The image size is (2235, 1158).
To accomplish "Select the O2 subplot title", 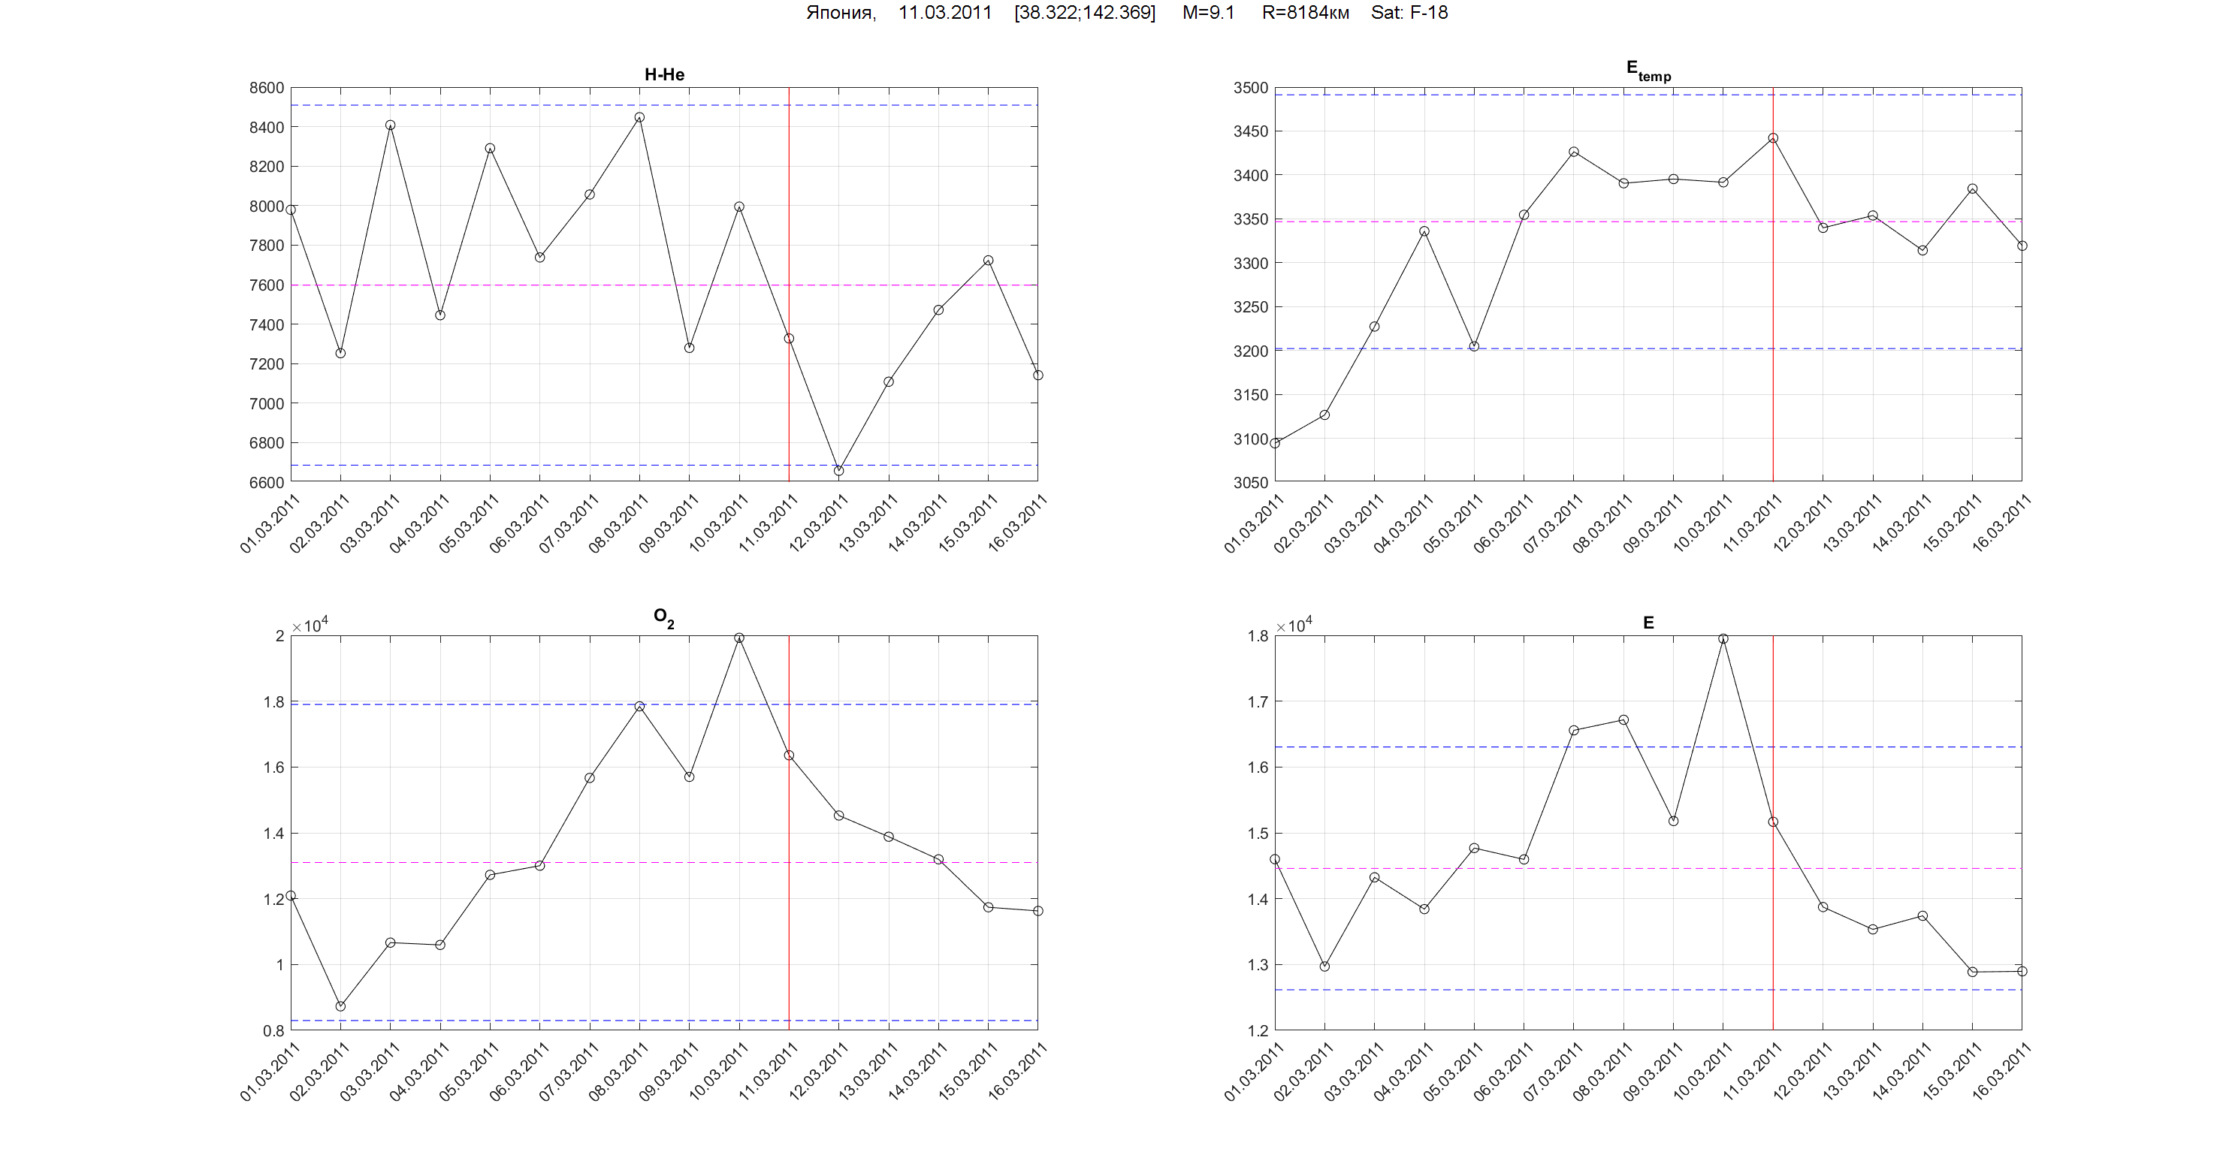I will tap(663, 617).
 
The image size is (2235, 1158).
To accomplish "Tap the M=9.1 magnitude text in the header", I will tap(1208, 13).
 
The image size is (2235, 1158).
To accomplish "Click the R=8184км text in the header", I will tap(1305, 13).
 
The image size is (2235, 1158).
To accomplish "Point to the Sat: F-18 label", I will tap(1409, 13).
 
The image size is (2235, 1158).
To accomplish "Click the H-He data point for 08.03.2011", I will tap(639, 117).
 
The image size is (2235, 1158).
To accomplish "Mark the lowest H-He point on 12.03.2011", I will tap(839, 471).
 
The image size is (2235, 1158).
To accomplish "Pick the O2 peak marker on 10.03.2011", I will tap(739, 638).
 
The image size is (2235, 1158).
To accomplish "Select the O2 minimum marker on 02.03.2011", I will tap(340, 1006).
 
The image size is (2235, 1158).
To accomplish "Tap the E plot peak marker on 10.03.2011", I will tap(1723, 638).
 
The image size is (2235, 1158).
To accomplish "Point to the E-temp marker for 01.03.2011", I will tap(1275, 443).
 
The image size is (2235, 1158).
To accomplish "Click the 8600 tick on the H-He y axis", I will tap(267, 88).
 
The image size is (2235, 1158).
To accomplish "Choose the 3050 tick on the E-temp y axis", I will tap(1250, 482).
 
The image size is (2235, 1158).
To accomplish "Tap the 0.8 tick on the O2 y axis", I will tap(273, 1030).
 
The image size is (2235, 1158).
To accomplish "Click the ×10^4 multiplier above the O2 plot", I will tap(310, 626).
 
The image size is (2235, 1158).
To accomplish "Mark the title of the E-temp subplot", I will tap(1648, 71).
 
